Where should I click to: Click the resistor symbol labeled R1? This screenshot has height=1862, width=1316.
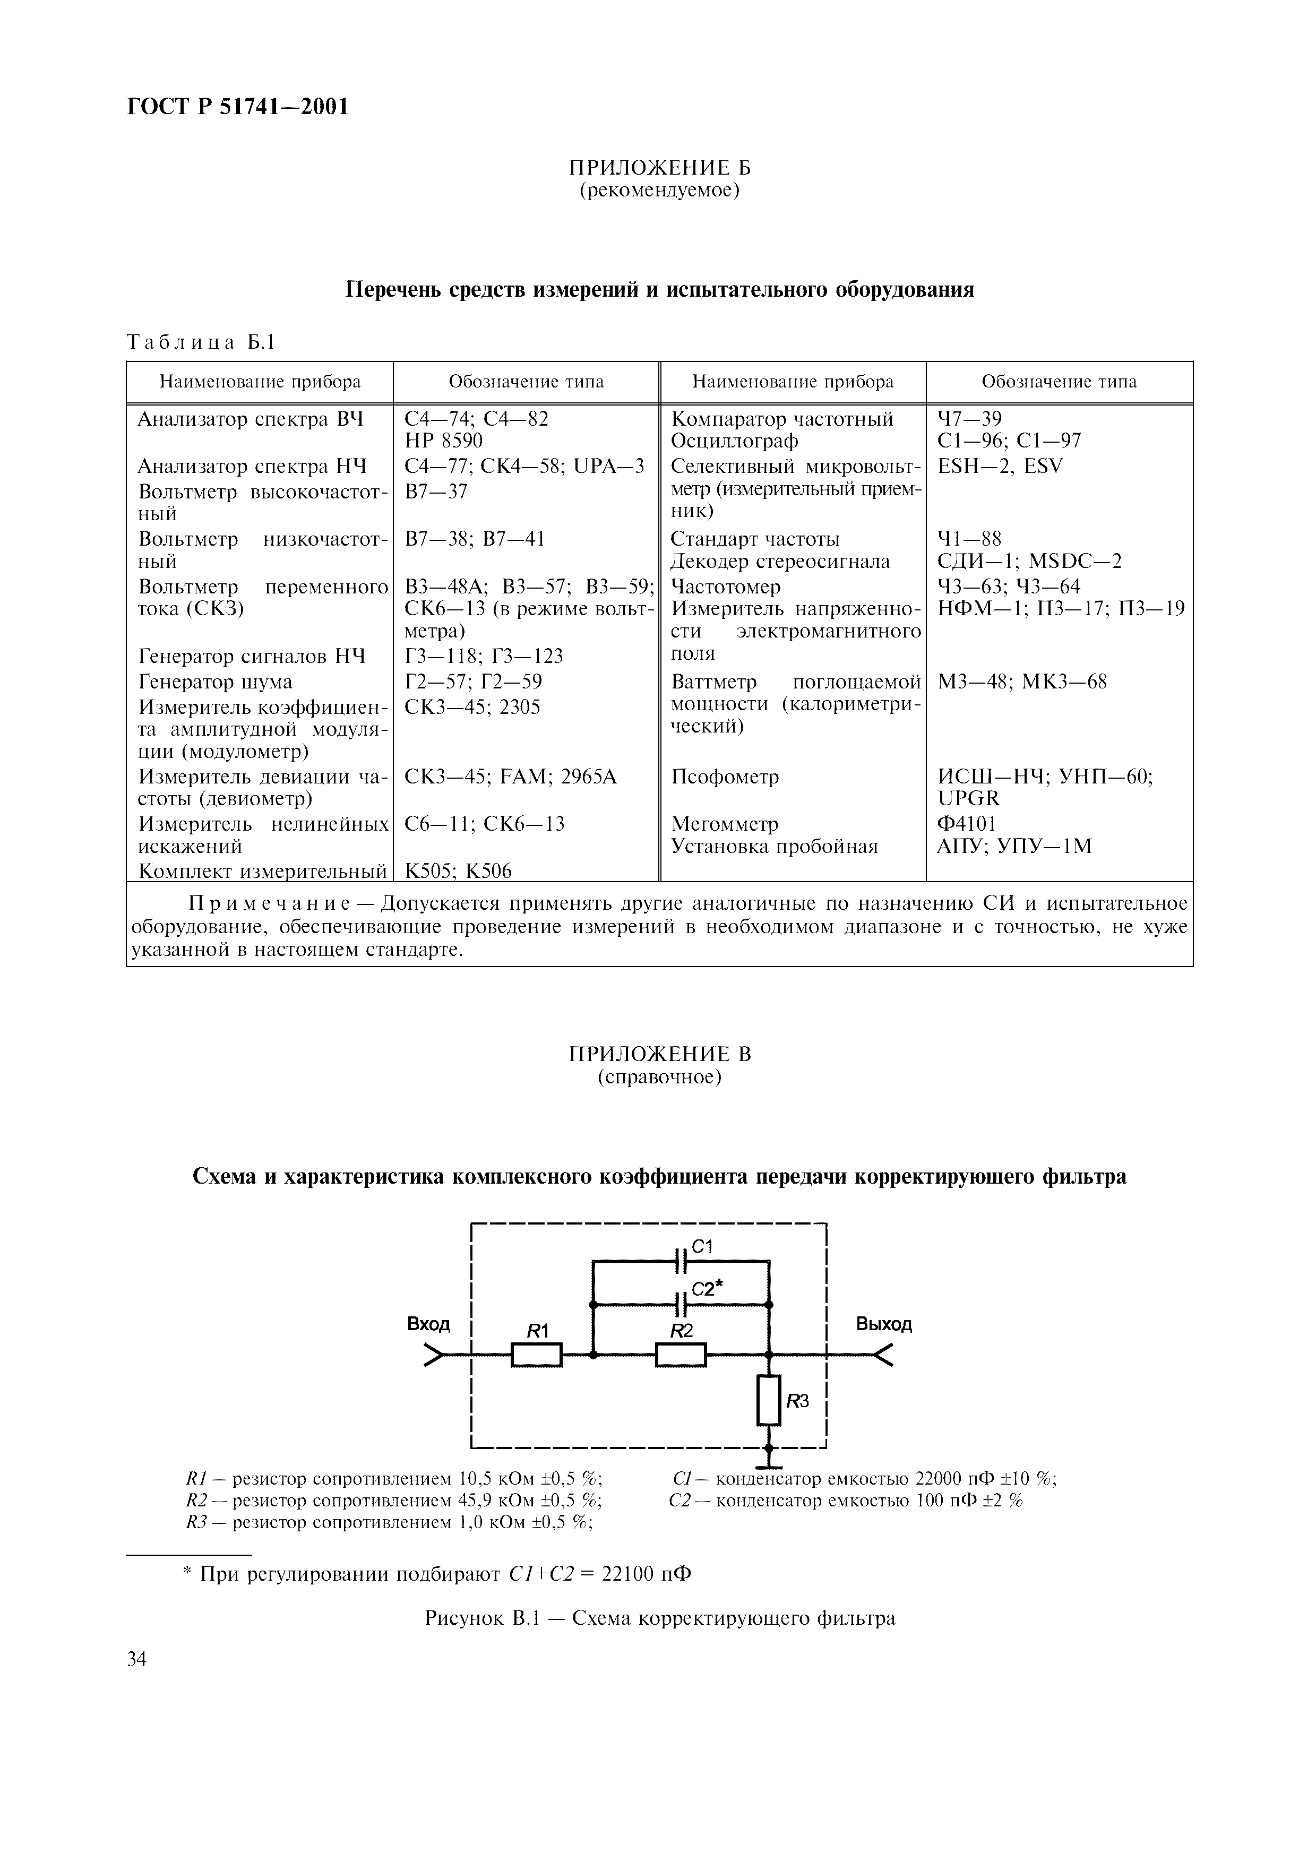point(536,1355)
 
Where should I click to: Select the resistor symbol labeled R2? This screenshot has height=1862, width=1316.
point(681,1355)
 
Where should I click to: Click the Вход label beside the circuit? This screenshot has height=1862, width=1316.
point(428,1324)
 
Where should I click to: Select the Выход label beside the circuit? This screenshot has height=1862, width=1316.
point(884,1324)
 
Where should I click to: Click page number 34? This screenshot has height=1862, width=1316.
point(137,1659)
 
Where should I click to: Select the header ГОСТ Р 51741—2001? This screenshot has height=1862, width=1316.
point(238,106)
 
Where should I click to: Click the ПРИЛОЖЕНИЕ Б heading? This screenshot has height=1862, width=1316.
point(659,168)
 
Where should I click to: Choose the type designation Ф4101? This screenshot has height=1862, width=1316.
point(967,823)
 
